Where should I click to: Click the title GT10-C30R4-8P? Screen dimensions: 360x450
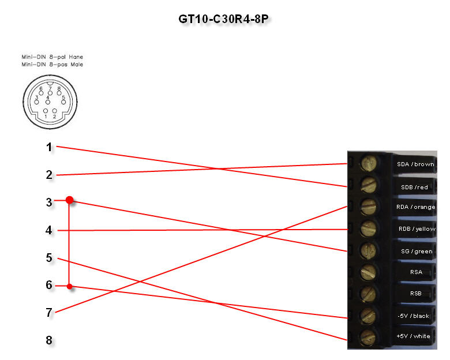(224, 19)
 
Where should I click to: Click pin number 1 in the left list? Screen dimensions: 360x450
(49, 147)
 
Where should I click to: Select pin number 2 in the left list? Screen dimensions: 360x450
(49, 175)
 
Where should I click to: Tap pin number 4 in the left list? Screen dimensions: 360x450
(49, 230)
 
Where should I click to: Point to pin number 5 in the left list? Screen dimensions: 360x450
(49, 257)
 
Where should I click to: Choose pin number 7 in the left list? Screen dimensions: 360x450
(49, 313)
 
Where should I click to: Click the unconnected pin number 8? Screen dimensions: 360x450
(49, 340)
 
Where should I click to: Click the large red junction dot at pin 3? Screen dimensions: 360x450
(70, 200)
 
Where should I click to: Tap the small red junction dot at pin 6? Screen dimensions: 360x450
(70, 286)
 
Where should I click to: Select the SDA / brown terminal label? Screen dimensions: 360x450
(415, 164)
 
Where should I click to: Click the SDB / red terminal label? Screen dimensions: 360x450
(415, 186)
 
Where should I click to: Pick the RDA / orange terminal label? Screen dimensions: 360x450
(415, 207)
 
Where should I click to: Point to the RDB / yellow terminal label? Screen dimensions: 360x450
(415, 229)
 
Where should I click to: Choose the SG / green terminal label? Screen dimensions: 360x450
(415, 251)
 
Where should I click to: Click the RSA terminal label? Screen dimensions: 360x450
(415, 272)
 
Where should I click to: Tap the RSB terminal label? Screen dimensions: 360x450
(415, 294)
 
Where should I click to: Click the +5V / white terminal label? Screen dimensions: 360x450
(415, 336)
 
